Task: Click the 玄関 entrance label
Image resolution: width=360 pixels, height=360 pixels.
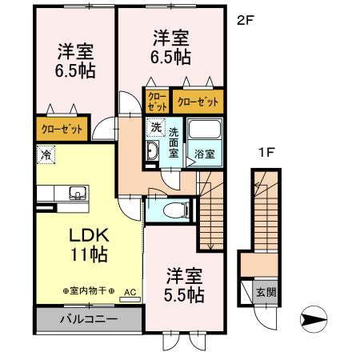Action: (265, 292)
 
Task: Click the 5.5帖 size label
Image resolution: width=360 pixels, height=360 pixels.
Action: (185, 294)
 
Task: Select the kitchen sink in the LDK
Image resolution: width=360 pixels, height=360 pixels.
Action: (78, 192)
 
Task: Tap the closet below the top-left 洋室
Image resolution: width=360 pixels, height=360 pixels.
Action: (61, 128)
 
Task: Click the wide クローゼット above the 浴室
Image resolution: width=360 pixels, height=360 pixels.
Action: (197, 102)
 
